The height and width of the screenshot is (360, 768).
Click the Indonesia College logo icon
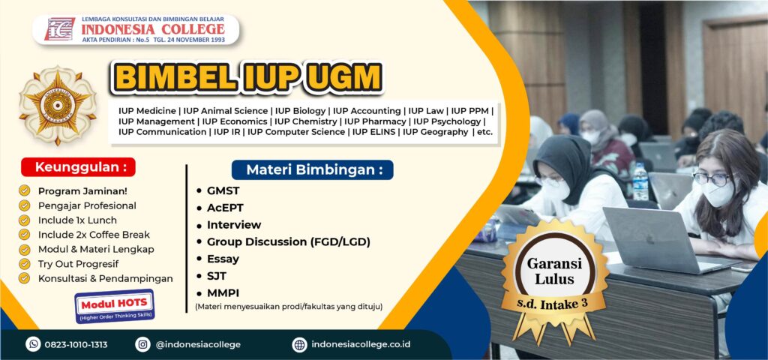[59, 29]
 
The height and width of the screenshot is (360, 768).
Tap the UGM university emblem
[57, 105]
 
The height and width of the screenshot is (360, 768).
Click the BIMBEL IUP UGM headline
[247, 77]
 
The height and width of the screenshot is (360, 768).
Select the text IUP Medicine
[148, 110]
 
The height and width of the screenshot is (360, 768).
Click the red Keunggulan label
[79, 166]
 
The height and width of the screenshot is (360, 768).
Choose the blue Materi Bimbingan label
[312, 169]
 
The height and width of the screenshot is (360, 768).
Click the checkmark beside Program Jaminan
[24, 190]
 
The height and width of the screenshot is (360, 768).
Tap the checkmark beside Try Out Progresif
[24, 264]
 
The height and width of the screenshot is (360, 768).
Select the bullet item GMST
[223, 191]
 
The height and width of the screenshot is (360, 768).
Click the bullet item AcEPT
[225, 208]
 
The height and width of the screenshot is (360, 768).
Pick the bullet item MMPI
[223, 292]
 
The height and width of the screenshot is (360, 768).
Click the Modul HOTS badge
[114, 306]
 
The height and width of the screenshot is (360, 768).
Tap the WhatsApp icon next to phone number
[33, 344]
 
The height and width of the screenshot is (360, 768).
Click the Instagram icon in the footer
[142, 344]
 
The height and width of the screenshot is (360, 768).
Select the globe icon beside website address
[299, 344]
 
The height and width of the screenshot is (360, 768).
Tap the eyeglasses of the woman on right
[710, 178]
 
